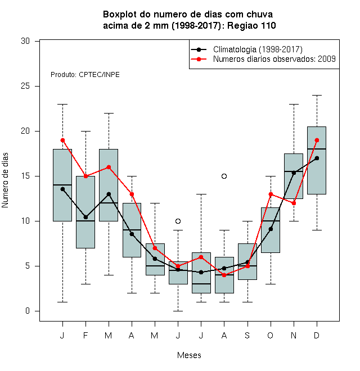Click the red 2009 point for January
[x=62, y=141]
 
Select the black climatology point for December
[x=317, y=158]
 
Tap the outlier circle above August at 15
[x=224, y=176]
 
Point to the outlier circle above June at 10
[x=178, y=221]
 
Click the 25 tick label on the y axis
[x=25, y=86]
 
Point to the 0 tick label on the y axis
[x=28, y=311]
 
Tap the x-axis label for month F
[x=85, y=335]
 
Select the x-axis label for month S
[x=247, y=335]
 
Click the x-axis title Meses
[x=189, y=355]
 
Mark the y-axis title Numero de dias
[x=5, y=180]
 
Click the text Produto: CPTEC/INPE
[x=85, y=75]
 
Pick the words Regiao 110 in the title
[x=251, y=25]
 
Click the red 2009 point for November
[x=294, y=203]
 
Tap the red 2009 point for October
[x=271, y=194]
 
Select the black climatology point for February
[x=85, y=217]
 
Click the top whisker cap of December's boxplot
[x=317, y=95]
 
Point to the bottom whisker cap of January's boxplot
[x=62, y=302]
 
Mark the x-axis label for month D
[x=317, y=335]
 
